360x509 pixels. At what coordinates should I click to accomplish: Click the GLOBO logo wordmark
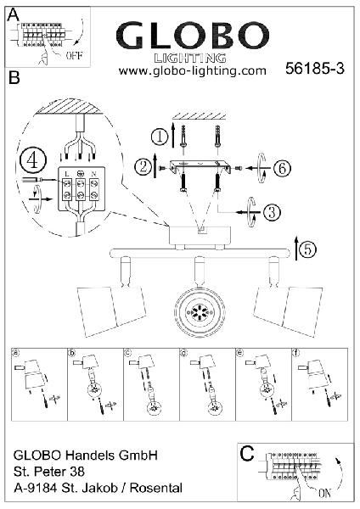point(193,36)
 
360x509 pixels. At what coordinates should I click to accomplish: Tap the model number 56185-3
point(314,69)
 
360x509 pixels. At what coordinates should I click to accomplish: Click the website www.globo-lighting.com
point(193,70)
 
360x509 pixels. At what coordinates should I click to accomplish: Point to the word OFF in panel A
point(75,55)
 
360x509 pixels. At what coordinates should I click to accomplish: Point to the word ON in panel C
point(324,494)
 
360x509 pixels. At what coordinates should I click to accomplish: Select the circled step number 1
point(160,137)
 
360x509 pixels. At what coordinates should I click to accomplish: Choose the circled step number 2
point(143,167)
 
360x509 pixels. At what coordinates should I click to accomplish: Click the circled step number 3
point(272,212)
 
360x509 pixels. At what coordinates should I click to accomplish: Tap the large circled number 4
point(33,161)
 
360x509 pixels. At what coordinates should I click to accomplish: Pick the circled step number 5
point(307,249)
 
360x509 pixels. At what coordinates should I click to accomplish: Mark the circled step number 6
point(282,168)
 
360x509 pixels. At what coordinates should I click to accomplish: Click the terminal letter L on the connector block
point(67,174)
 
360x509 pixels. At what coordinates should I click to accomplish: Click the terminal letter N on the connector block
point(94,174)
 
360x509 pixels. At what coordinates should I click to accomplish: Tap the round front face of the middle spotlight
point(200,312)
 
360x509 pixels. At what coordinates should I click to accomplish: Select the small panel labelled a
point(39,384)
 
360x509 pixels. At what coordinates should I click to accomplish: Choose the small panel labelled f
point(320,384)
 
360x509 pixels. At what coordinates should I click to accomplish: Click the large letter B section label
point(14,77)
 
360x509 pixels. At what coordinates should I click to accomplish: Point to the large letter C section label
point(247,454)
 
